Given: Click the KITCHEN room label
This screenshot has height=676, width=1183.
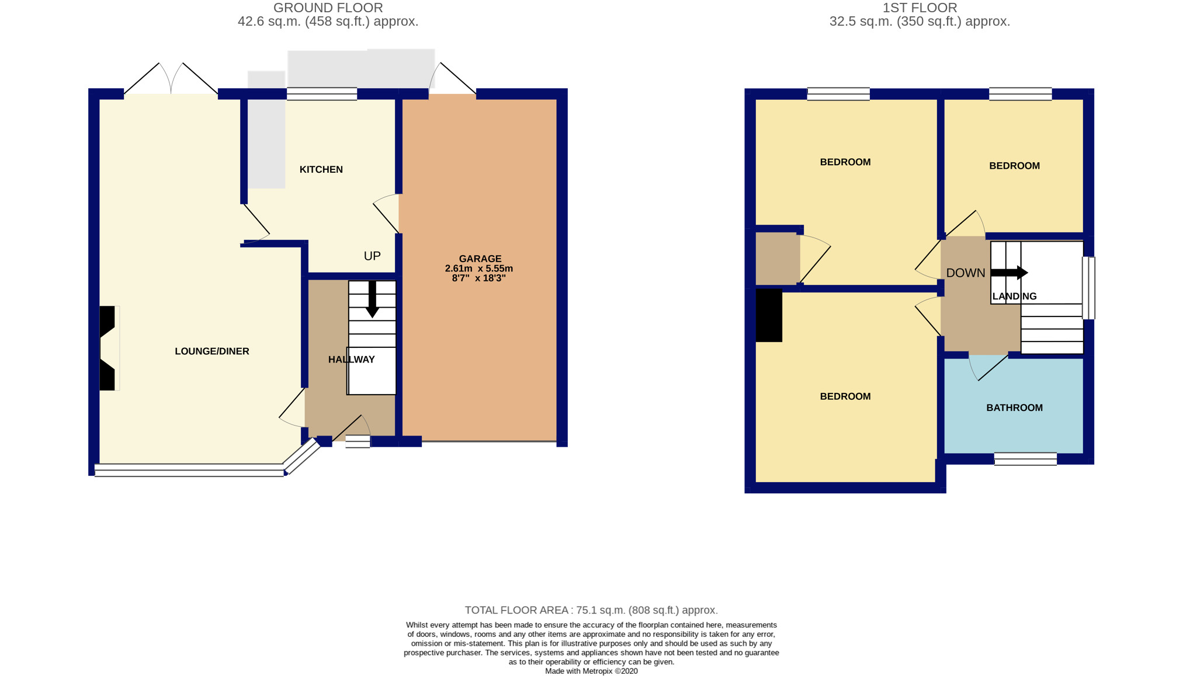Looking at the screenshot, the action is pyautogui.click(x=321, y=169).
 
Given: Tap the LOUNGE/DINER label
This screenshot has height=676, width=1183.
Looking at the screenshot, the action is pyautogui.click(x=212, y=351).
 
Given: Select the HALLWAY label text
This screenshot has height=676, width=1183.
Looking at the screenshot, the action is pyautogui.click(x=351, y=360).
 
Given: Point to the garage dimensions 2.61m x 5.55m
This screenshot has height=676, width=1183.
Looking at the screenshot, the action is pyautogui.click(x=479, y=269).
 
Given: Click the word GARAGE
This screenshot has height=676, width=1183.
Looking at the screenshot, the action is pyautogui.click(x=480, y=259).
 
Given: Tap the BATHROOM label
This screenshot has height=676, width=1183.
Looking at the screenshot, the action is pyautogui.click(x=1014, y=407).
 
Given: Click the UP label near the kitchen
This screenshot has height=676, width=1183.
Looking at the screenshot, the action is pyautogui.click(x=372, y=256).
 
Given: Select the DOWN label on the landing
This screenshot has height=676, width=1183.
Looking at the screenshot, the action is pyautogui.click(x=966, y=273).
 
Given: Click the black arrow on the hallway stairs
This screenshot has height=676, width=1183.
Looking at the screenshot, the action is pyautogui.click(x=372, y=299).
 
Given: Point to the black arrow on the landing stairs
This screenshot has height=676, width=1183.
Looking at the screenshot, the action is pyautogui.click(x=1009, y=273).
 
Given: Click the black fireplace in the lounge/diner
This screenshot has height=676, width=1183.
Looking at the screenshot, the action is pyautogui.click(x=107, y=348).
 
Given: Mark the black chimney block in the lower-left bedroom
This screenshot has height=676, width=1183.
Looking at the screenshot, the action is pyautogui.click(x=769, y=315).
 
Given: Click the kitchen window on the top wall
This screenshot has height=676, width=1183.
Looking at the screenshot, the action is pyautogui.click(x=322, y=94).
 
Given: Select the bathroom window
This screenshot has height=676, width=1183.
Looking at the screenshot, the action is pyautogui.click(x=1025, y=459).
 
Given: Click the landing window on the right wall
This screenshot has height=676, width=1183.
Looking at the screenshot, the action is pyautogui.click(x=1088, y=288).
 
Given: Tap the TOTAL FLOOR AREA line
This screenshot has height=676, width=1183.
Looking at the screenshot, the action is pyautogui.click(x=591, y=610).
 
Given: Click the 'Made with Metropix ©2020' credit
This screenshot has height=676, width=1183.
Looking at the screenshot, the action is pyautogui.click(x=591, y=671).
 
